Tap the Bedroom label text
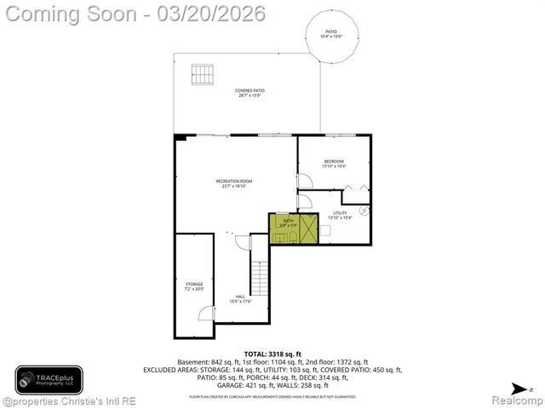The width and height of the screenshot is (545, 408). coord(334,163)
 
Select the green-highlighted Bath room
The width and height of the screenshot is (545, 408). coord(286,228)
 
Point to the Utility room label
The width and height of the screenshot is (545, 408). coord(340,215)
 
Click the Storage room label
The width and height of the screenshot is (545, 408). coord(194,286)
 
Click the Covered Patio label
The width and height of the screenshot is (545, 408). coord(250,93)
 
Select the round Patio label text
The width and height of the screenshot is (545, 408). coord(332,34)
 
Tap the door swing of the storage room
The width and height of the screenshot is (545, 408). coord(205,314)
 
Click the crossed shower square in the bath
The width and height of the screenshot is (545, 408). coord(307,227)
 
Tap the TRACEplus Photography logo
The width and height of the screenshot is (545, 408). coord(49,379)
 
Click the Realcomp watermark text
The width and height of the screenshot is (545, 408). coord(512,399)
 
